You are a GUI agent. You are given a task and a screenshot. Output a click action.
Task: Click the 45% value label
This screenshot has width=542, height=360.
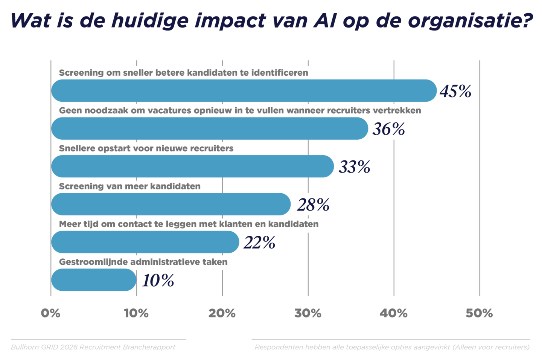[455, 91]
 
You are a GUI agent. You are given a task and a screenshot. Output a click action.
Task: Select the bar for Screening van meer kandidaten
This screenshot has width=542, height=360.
[171, 204]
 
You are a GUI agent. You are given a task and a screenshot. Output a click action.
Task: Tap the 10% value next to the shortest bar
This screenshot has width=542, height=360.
[158, 280]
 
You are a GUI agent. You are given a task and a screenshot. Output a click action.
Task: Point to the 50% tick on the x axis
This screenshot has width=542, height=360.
[479, 313]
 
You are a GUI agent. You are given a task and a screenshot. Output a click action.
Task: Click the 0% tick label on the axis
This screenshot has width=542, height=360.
[50, 313]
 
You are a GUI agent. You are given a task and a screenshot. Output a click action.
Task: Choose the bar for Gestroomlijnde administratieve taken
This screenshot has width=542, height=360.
[94, 280]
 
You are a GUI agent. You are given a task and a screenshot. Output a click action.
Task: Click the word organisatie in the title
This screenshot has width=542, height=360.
[470, 21]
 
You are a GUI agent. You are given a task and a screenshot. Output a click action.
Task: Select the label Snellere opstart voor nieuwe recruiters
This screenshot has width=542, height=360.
[146, 148]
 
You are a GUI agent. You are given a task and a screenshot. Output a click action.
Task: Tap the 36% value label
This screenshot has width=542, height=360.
[388, 129]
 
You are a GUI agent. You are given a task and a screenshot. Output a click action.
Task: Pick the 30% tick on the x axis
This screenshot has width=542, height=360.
[308, 313]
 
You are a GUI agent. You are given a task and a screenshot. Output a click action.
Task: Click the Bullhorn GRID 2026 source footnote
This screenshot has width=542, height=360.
[93, 347]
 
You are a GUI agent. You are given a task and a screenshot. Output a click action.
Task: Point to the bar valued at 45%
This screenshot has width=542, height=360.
[244, 91]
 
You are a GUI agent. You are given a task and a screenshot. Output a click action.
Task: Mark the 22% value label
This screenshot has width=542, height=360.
[259, 243]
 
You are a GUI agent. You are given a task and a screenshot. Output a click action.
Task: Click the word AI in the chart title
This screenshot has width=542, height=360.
[325, 21]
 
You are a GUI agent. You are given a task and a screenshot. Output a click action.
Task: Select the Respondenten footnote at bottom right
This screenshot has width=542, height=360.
[392, 347]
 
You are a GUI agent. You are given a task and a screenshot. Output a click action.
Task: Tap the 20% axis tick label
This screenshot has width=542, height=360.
[222, 313]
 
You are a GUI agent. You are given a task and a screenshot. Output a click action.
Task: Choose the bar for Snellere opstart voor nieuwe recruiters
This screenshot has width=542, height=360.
[192, 166]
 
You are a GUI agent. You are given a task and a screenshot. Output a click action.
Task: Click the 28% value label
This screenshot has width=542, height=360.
[313, 205]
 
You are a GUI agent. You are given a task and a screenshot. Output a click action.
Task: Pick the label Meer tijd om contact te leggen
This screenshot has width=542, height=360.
[189, 224]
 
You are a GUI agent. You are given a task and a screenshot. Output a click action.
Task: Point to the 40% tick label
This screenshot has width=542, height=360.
[393, 313]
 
